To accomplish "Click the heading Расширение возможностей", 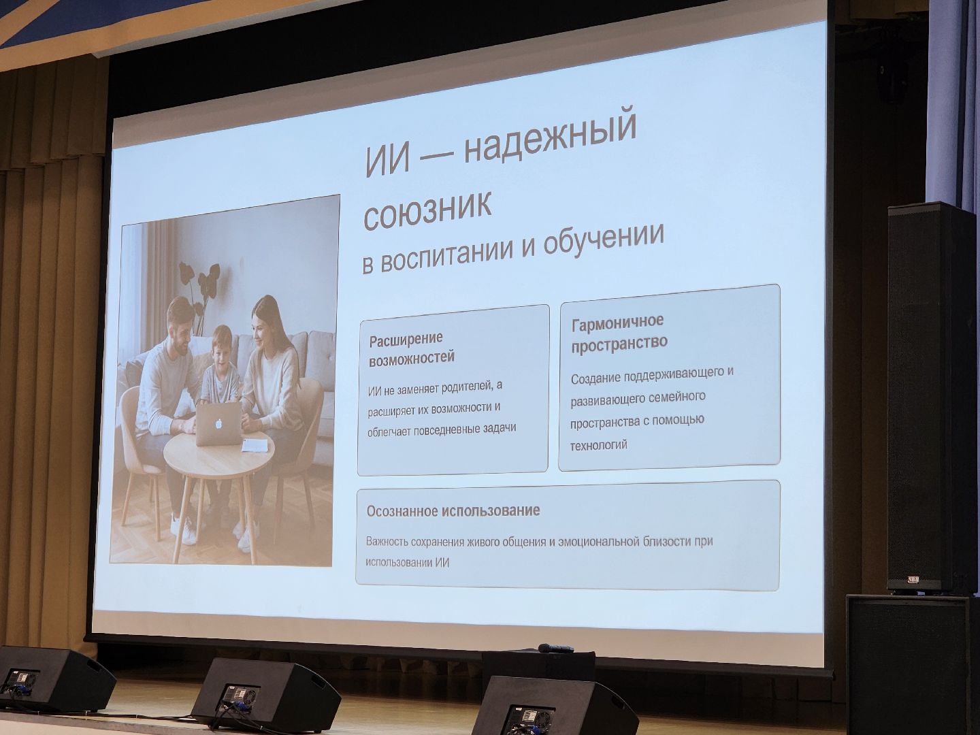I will click(x=411, y=348).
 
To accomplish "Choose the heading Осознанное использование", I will click(x=453, y=510).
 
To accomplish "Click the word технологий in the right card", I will click(x=599, y=445).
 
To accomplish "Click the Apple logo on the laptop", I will click(x=219, y=424).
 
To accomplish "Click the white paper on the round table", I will click(x=253, y=445).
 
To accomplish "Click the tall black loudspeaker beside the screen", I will click(x=930, y=395).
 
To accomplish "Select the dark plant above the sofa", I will click(x=200, y=282).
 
